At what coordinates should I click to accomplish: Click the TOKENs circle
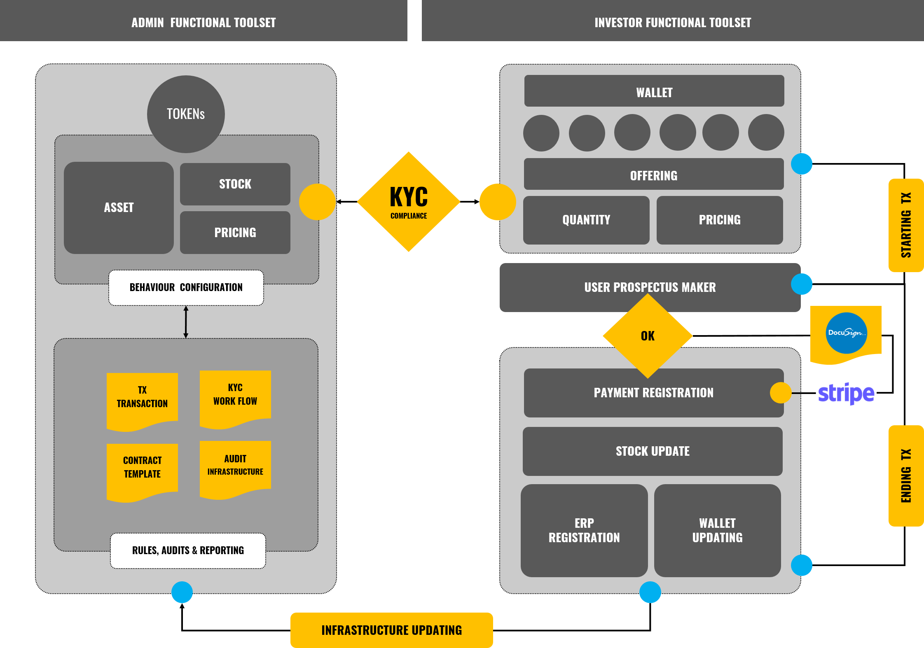coord(186,114)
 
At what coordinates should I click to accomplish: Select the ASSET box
coord(119,207)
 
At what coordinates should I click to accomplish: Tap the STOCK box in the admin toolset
coord(235,184)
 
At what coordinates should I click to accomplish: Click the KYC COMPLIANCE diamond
coord(408,202)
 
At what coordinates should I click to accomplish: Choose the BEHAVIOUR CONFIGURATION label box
coord(186,287)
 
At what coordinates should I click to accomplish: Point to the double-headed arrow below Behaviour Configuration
coord(186,322)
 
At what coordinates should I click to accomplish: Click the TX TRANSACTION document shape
coord(142,399)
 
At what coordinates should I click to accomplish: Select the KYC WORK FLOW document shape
coord(235,397)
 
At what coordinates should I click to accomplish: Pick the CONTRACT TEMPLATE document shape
coord(142,469)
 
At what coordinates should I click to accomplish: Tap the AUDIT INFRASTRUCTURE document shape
coord(235,467)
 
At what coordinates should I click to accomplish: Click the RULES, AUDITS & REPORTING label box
coord(188,550)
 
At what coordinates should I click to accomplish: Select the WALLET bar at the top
coord(654,91)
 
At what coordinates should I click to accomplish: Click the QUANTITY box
coord(586,220)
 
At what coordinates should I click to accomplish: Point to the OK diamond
coord(648,336)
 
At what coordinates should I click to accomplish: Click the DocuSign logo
coord(846,333)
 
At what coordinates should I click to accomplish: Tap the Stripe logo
coord(846,393)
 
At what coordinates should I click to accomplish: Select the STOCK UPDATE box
coord(653,451)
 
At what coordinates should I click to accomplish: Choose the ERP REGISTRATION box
coord(584,530)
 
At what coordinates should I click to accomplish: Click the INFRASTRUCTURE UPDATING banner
coord(391,630)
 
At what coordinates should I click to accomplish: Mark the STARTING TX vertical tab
coord(906,225)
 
